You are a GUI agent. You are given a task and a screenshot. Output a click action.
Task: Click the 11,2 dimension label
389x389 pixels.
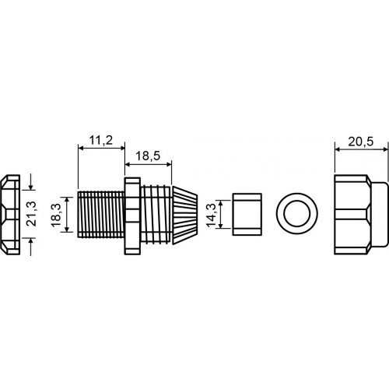(101, 140)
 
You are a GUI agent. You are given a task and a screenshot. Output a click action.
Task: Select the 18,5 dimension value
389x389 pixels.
(148, 156)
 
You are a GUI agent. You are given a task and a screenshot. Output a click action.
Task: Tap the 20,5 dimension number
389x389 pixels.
(360, 142)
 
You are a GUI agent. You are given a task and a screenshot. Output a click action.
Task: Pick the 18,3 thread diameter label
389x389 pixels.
(56, 215)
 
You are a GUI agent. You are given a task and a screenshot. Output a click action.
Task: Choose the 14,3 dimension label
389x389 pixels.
(212, 215)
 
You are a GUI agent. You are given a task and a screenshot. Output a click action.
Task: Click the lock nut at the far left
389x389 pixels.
(10, 215)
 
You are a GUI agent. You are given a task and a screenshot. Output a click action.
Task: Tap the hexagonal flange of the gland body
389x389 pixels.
(132, 216)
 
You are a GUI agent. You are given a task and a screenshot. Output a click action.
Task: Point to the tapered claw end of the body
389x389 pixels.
(185, 215)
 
